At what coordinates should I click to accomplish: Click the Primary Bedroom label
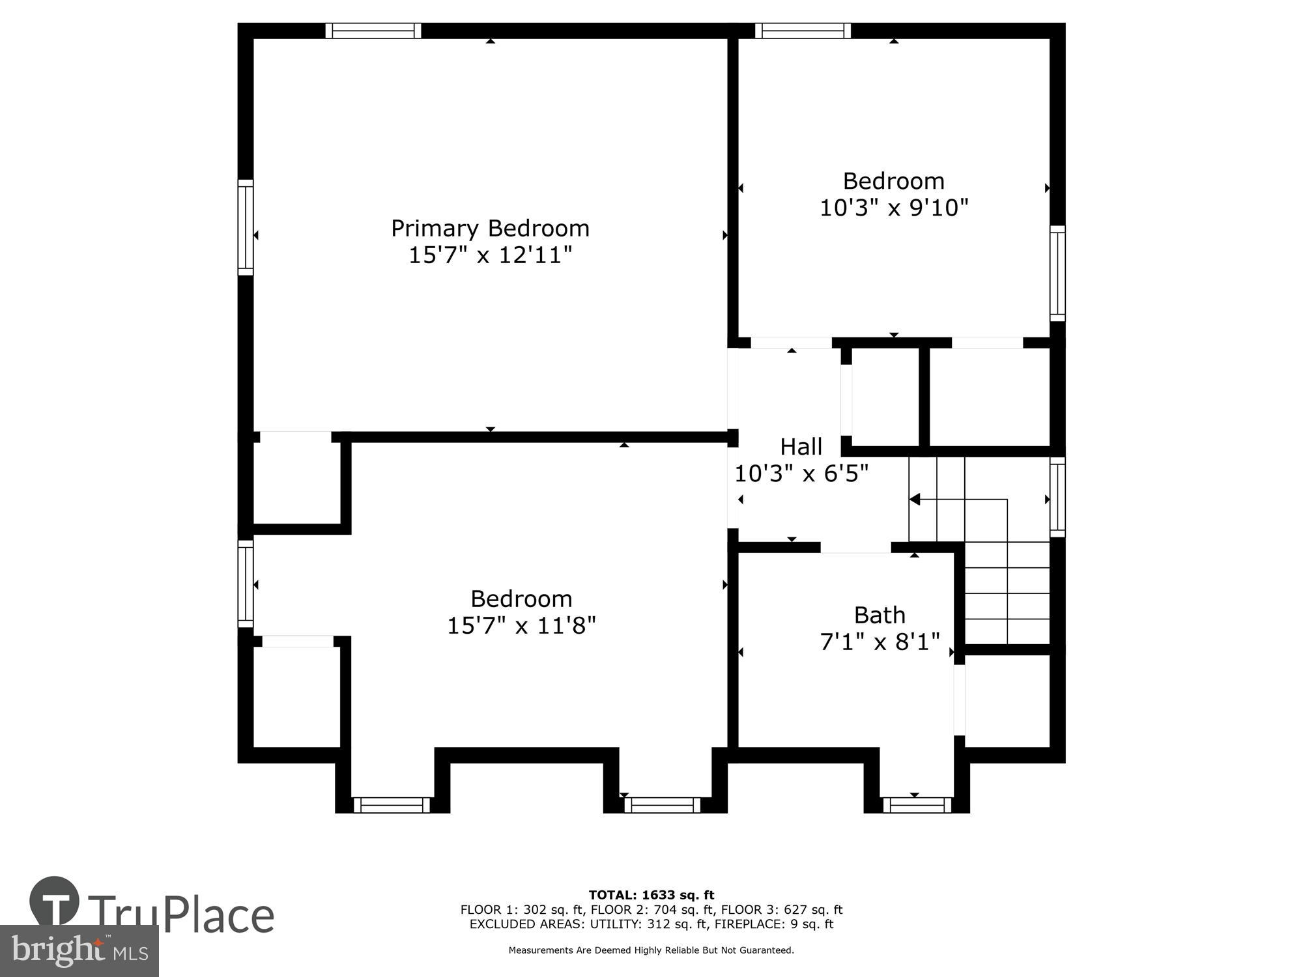click(x=490, y=228)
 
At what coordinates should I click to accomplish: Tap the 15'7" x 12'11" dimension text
click(x=490, y=255)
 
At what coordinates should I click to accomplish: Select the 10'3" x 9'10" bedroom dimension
click(x=893, y=208)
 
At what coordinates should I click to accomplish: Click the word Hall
click(x=801, y=447)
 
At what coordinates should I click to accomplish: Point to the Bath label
click(x=880, y=615)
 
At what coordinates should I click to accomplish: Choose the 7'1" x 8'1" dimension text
click(x=880, y=642)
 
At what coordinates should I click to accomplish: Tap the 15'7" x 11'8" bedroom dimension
click(x=521, y=626)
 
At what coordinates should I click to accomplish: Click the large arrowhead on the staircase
click(x=915, y=500)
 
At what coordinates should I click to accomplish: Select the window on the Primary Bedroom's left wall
click(x=245, y=227)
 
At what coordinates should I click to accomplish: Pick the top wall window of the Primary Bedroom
click(x=373, y=31)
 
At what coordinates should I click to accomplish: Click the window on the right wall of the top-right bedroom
click(x=1057, y=273)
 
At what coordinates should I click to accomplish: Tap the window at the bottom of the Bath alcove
click(x=917, y=805)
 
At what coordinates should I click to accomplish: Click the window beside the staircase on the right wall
click(x=1057, y=497)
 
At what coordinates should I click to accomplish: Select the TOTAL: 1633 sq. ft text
click(x=651, y=895)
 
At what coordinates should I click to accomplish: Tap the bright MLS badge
click(x=79, y=951)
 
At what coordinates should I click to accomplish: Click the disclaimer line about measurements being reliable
click(x=651, y=950)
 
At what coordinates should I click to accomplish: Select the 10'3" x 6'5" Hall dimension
click(x=801, y=474)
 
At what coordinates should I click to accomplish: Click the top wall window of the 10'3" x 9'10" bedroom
click(x=803, y=31)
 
